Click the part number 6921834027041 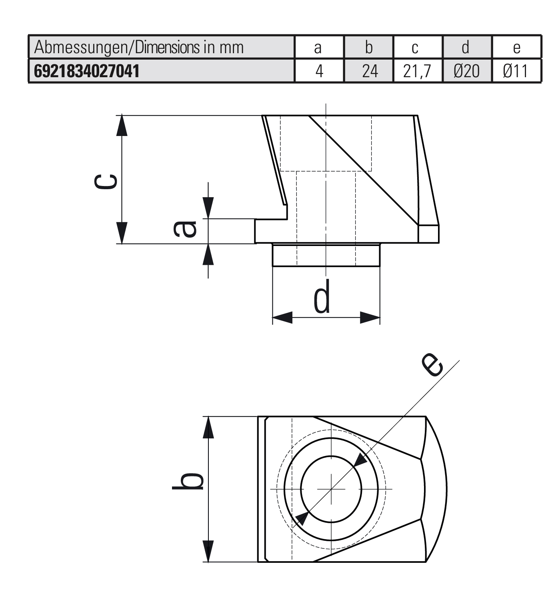coord(87,71)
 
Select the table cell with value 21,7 coord(417,71)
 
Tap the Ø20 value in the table coord(466,71)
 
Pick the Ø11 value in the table coord(516,71)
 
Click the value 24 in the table coord(370,71)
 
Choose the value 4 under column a coord(319,71)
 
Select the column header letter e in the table coord(516,48)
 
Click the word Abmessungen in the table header coord(80,48)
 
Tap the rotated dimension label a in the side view coord(185,229)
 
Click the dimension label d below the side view coord(322,297)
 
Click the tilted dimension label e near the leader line coord(433,365)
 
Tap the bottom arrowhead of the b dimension coord(208,552)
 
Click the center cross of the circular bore coord(331,488)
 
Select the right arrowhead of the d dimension coord(370,318)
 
